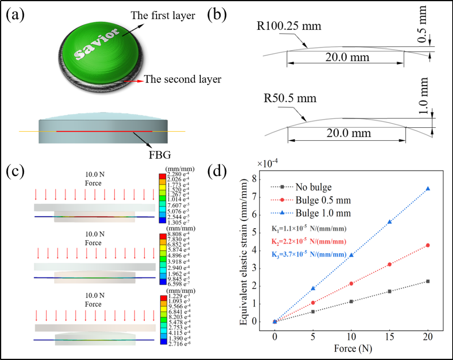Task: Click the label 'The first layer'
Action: point(163,16)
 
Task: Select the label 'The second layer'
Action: point(182,79)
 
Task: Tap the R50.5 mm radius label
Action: point(290,99)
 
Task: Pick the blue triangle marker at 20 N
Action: point(428,189)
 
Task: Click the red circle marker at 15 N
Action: point(390,264)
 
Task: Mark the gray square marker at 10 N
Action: point(351,301)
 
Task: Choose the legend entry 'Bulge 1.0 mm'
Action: point(323,213)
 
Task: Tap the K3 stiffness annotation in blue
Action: point(310,254)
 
